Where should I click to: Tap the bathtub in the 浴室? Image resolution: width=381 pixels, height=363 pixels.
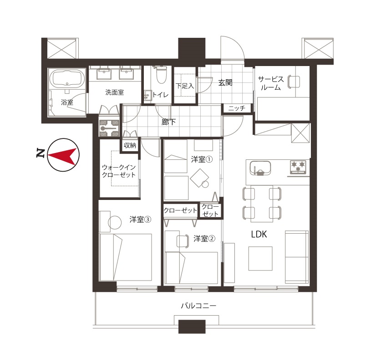(x=67, y=78)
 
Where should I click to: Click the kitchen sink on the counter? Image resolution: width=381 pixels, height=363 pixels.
(x=260, y=168)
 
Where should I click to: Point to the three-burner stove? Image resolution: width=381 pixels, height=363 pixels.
(x=298, y=167)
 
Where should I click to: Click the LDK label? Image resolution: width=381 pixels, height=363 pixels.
(x=259, y=235)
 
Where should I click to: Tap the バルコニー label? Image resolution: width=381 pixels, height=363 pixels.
(x=198, y=306)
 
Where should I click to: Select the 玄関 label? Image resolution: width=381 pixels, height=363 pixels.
(x=225, y=83)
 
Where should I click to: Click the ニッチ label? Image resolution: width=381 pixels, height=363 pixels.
(x=237, y=108)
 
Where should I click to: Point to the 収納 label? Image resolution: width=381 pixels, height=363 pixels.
(x=130, y=145)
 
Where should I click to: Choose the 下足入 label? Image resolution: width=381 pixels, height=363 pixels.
(x=185, y=86)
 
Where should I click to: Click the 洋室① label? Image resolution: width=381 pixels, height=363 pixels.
(x=202, y=159)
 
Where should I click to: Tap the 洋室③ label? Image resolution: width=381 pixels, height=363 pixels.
(x=140, y=220)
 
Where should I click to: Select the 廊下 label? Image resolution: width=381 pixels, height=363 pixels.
(x=168, y=122)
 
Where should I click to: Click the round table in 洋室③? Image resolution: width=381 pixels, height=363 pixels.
(x=115, y=223)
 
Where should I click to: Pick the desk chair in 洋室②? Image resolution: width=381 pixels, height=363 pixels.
(x=183, y=241)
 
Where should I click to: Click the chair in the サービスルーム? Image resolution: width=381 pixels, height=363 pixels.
(x=294, y=82)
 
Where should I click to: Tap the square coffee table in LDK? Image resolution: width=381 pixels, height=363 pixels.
(x=260, y=258)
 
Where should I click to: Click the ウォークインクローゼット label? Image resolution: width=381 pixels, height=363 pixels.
(x=119, y=171)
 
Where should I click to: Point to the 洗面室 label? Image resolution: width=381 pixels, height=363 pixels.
(x=114, y=92)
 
